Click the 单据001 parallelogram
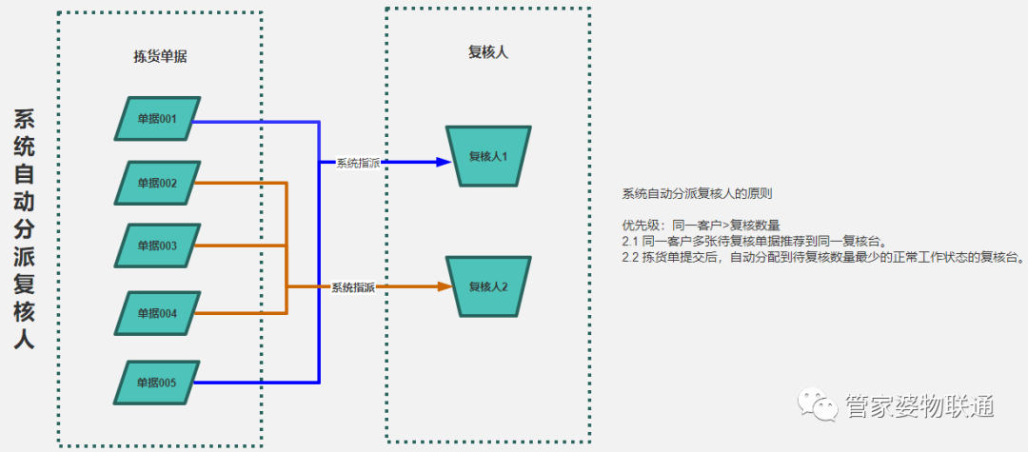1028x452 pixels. click(x=157, y=119)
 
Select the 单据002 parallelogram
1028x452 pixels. click(x=157, y=183)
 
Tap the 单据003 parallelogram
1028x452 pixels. click(x=157, y=246)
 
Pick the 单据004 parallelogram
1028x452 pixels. click(x=157, y=312)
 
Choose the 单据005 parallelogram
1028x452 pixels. click(x=157, y=383)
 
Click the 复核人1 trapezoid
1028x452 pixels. click(x=488, y=156)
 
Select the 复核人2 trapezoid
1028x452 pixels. click(x=488, y=286)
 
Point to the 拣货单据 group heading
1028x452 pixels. click(x=160, y=56)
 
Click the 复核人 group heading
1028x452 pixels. click(x=487, y=52)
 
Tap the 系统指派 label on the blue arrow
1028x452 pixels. click(x=358, y=163)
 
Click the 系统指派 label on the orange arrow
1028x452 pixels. click(x=353, y=287)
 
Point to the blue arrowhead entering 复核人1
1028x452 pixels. click(x=443, y=163)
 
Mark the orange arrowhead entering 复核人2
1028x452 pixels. click(x=443, y=286)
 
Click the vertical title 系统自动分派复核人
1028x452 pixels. click(x=25, y=228)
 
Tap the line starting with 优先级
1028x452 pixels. click(x=701, y=226)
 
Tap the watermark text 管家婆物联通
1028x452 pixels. click(x=919, y=407)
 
